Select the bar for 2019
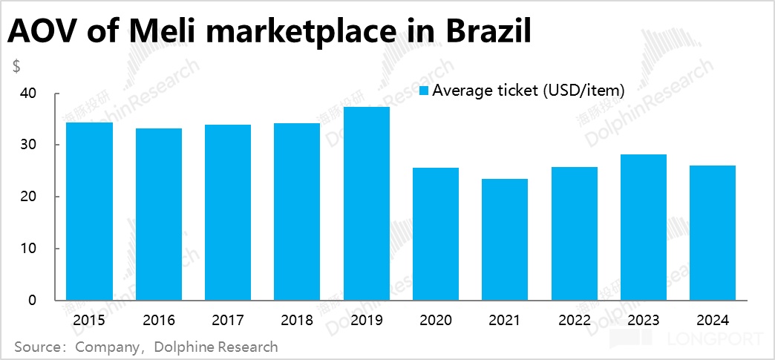[x=366, y=204]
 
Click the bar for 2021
[x=505, y=240]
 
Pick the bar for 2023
[x=644, y=227]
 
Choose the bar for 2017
[x=228, y=212]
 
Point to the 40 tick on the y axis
[x=29, y=94]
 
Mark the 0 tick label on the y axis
[x=33, y=301]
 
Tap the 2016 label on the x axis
[x=159, y=321]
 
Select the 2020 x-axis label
[x=436, y=321]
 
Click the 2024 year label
[x=713, y=321]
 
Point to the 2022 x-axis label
[x=574, y=321]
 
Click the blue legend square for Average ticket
[x=425, y=91]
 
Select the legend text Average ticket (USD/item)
[x=529, y=91]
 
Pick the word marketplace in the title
[x=296, y=33]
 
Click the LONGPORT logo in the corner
[x=686, y=341]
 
